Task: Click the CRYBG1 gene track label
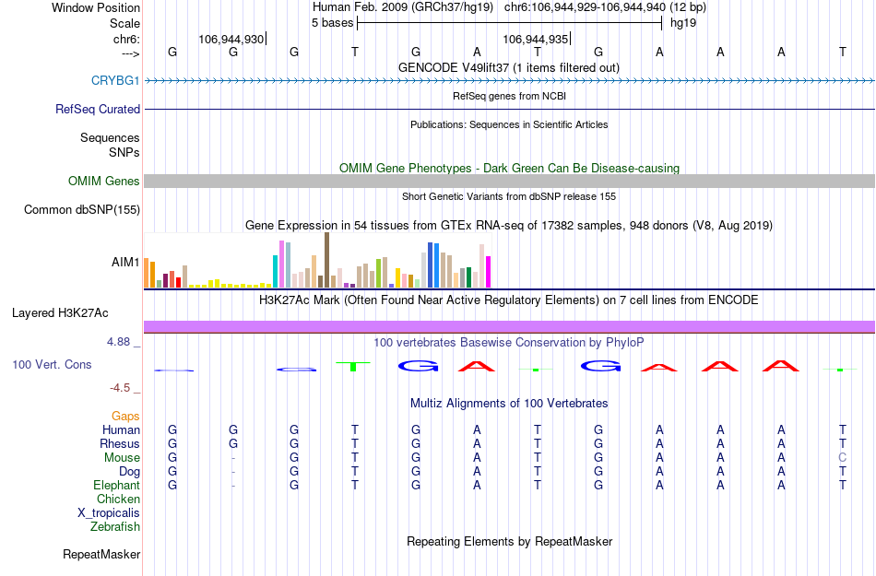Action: tap(115, 80)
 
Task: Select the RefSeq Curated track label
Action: tap(98, 109)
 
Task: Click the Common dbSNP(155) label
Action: tap(81, 210)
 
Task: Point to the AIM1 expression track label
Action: tap(125, 262)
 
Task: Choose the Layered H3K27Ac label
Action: tap(76, 312)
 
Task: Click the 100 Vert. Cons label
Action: tap(52, 365)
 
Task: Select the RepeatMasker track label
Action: tap(101, 555)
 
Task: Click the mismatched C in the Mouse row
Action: tap(842, 458)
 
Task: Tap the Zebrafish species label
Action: tap(115, 527)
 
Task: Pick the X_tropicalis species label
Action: tap(109, 513)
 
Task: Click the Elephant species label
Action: tap(116, 486)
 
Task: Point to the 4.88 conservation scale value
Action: tap(123, 342)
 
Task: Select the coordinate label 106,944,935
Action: tap(535, 39)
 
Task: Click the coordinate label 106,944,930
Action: tap(231, 39)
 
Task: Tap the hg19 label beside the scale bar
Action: tap(683, 22)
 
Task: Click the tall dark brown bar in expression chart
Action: tap(326, 260)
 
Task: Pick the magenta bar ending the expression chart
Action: tap(488, 271)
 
